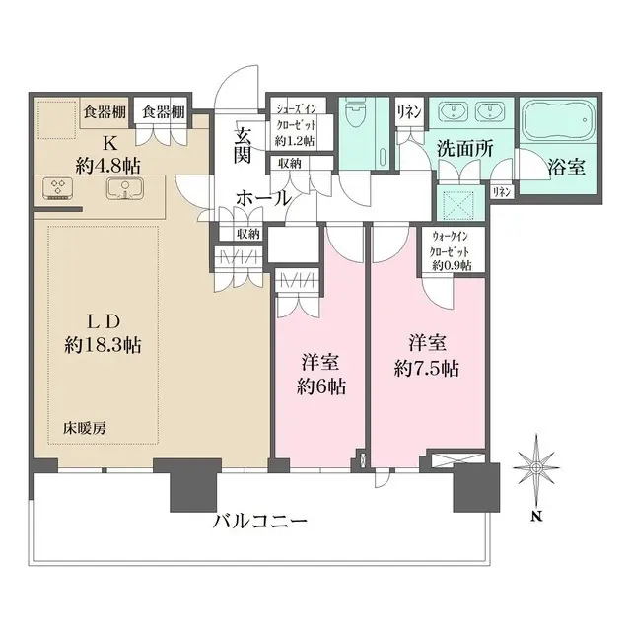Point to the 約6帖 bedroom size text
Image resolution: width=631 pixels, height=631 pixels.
point(321,386)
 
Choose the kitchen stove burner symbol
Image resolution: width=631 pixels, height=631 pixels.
point(56,186)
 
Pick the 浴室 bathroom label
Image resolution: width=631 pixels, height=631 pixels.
point(565,167)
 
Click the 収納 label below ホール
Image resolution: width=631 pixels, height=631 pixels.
point(248,234)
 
